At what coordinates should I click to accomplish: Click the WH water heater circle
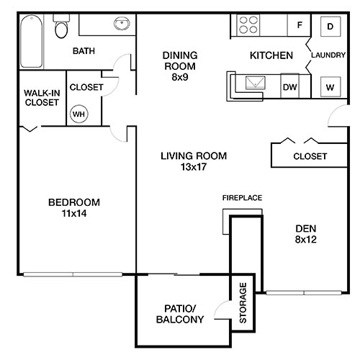tap(77, 112)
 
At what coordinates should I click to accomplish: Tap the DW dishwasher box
tap(289, 86)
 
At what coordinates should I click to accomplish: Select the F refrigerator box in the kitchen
tap(298, 26)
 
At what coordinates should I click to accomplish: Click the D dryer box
tap(330, 27)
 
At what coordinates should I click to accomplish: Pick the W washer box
tap(330, 87)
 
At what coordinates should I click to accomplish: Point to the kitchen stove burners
tap(248, 27)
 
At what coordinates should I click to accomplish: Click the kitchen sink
tap(255, 84)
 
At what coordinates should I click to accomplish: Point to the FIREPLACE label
tap(241, 197)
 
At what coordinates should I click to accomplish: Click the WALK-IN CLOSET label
tap(41, 97)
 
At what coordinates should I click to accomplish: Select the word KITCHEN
tap(271, 55)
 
